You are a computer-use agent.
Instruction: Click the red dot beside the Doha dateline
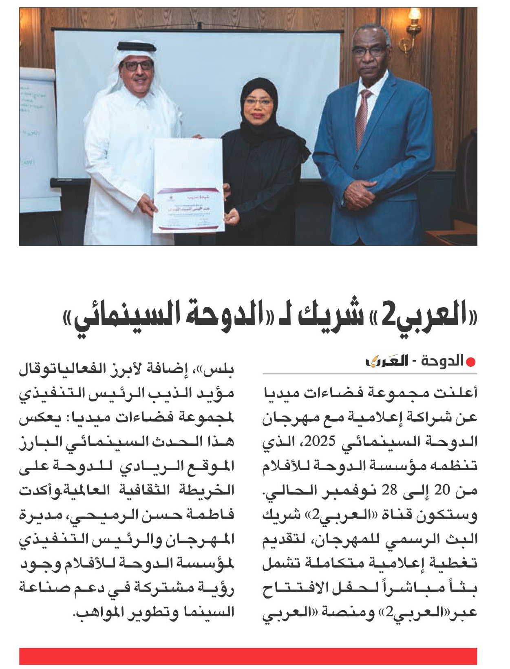[x=471, y=362]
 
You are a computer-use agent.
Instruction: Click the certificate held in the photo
[x=188, y=185]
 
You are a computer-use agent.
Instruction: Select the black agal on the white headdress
[x=135, y=46]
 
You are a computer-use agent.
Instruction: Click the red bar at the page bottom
[x=248, y=656]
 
